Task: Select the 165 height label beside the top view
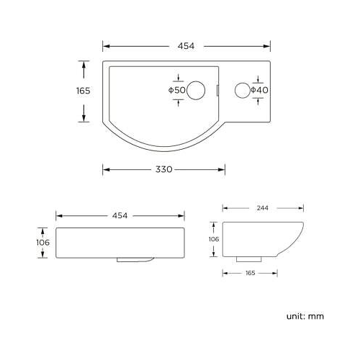pyautogui.click(x=83, y=91)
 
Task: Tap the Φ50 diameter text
pyautogui.click(x=177, y=90)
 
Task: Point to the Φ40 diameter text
pyautogui.click(x=259, y=90)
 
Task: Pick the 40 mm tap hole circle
pyautogui.click(x=243, y=90)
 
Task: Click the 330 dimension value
pyautogui.click(x=163, y=169)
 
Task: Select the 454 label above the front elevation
pyautogui.click(x=120, y=215)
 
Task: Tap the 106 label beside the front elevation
pyautogui.click(x=43, y=243)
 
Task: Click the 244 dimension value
pyautogui.click(x=262, y=207)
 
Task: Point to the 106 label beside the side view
pyautogui.click(x=213, y=239)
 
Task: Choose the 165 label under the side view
pyautogui.click(x=250, y=273)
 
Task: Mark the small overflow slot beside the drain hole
pyautogui.click(x=219, y=90)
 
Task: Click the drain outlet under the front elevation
pyautogui.click(x=135, y=260)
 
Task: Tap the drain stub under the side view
pyautogui.click(x=249, y=258)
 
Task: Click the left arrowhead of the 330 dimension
pyautogui.click(x=106, y=169)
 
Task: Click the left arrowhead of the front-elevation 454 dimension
pyautogui.click(x=59, y=215)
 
